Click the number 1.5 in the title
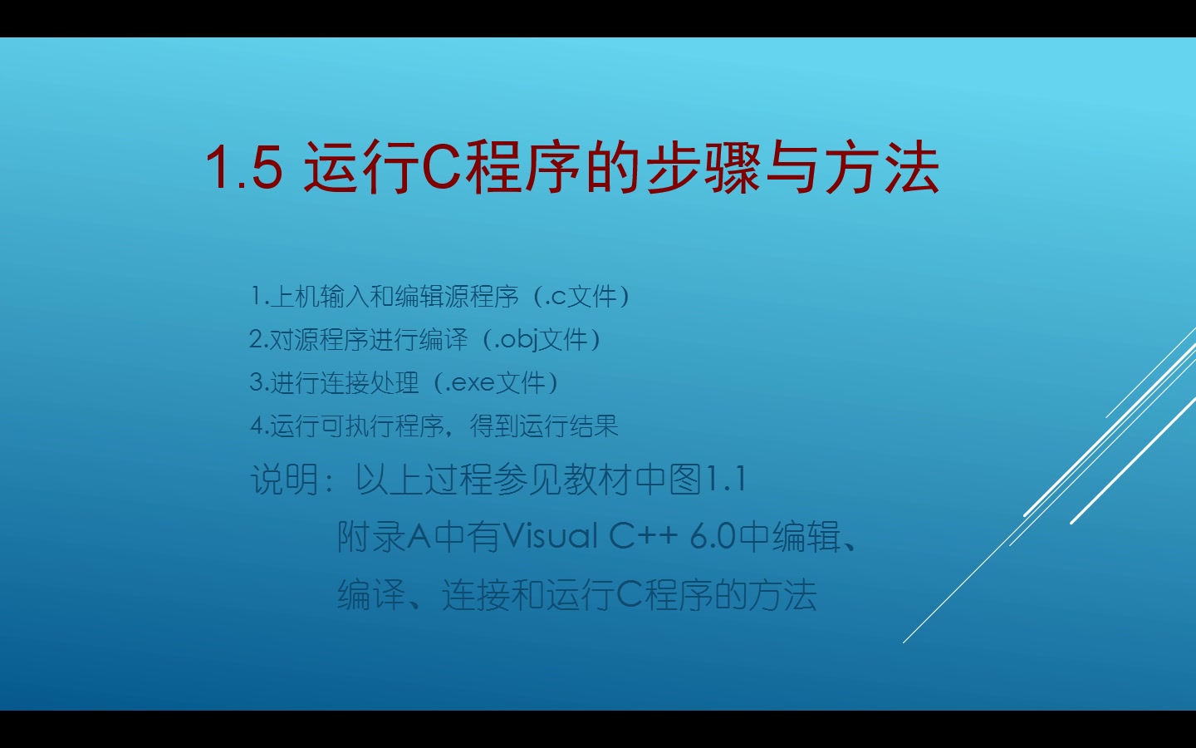pyautogui.click(x=243, y=167)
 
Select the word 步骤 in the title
pyautogui.click(x=703, y=167)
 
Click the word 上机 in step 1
pyautogui.click(x=295, y=296)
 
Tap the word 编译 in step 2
pyautogui.click(x=444, y=339)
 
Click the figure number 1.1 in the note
pyautogui.click(x=725, y=480)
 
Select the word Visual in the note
pyautogui.click(x=550, y=536)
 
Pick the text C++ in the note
pyautogui.click(x=643, y=536)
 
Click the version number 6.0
pyautogui.click(x=713, y=536)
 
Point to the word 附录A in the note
pyautogui.click(x=384, y=536)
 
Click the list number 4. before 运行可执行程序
pyautogui.click(x=258, y=426)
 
